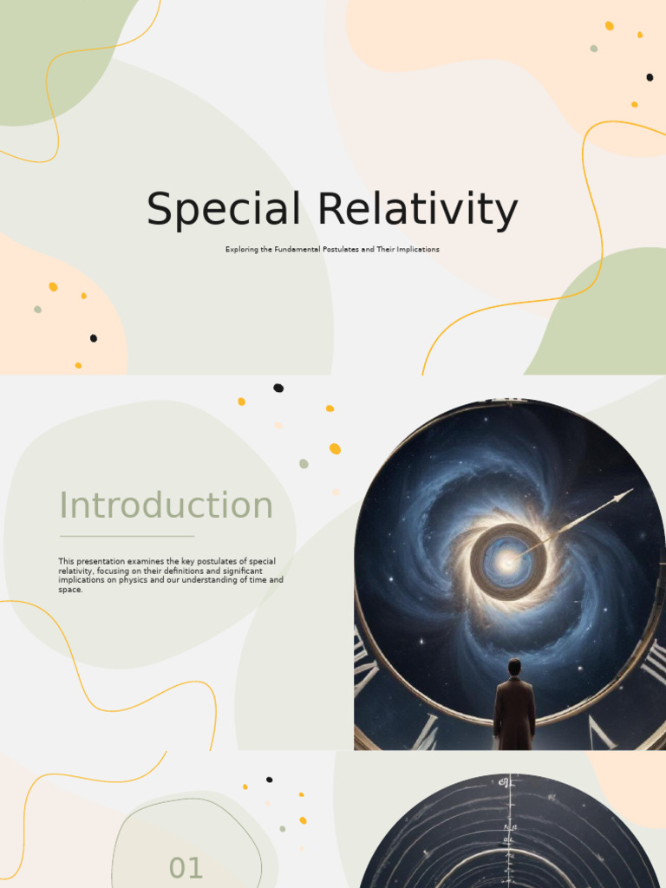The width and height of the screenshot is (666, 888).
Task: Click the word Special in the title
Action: [x=223, y=211]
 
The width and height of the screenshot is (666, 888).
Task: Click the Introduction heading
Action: [x=166, y=506]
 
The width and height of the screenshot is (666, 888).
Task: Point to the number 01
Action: [x=186, y=868]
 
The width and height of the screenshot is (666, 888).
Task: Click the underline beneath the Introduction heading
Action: [x=127, y=536]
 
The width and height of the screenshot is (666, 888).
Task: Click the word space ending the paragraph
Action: [x=70, y=590]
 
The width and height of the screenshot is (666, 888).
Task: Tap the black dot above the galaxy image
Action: [x=278, y=388]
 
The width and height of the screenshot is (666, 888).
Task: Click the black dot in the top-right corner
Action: [x=650, y=77]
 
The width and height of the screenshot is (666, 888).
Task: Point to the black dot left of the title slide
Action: [x=94, y=338]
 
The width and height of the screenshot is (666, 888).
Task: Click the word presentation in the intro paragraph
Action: [x=97, y=562]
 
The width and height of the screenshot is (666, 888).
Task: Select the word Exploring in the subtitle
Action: [x=242, y=250]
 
